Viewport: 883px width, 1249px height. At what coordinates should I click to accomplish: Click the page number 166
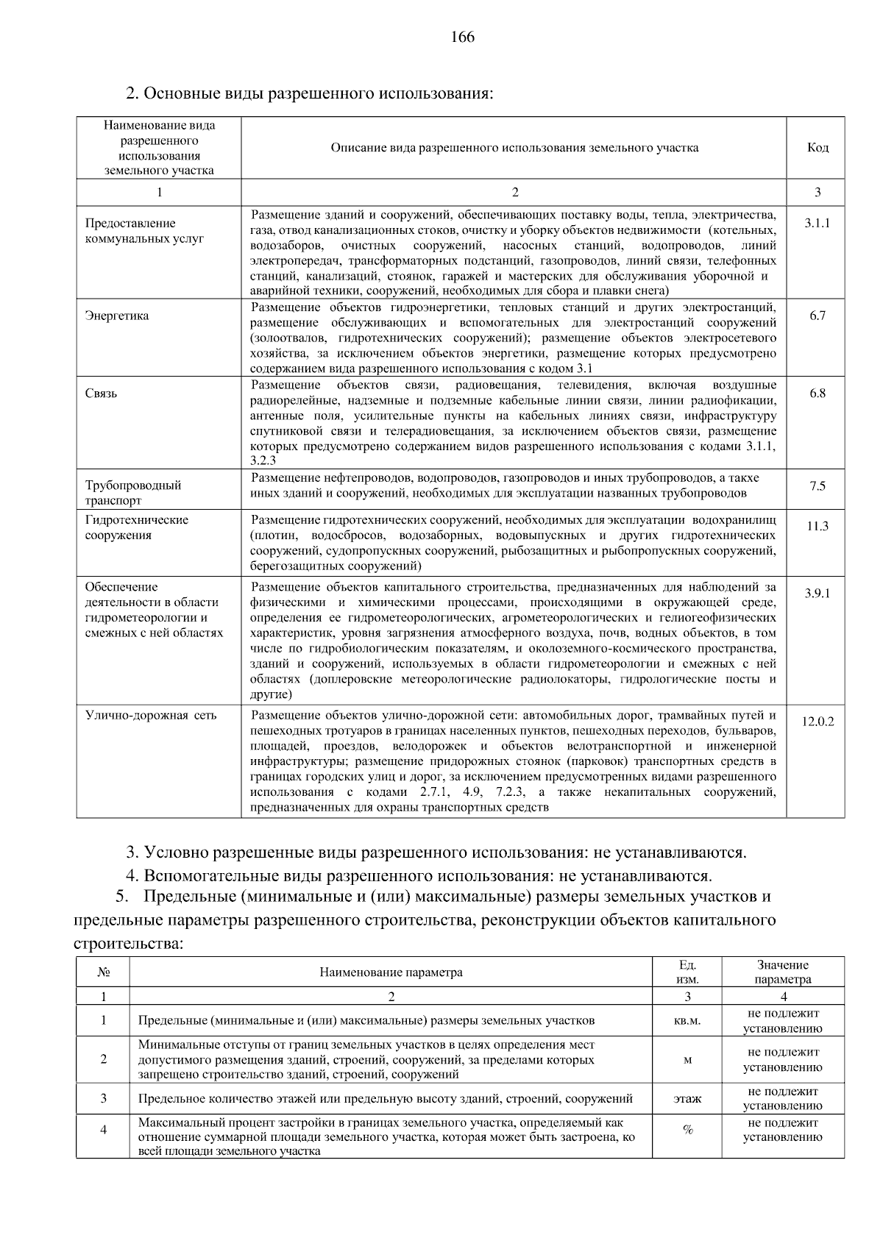click(462, 37)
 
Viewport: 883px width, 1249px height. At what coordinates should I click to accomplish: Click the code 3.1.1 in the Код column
click(817, 223)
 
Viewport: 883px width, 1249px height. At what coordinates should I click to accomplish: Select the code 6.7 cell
click(818, 316)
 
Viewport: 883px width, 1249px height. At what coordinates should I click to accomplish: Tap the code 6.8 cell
click(818, 393)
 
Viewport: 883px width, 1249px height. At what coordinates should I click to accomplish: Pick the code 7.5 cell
click(818, 485)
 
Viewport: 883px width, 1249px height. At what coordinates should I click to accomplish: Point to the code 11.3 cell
click(818, 526)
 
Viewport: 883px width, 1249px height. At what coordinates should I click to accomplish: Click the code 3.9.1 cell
click(817, 593)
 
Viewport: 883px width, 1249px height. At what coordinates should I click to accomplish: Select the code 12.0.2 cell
click(818, 722)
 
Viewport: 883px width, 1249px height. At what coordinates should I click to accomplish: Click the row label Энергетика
click(117, 316)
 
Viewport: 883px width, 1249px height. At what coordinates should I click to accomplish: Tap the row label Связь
click(102, 393)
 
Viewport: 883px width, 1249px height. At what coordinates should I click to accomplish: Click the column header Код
click(818, 147)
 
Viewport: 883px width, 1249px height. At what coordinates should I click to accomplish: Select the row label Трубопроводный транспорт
click(133, 493)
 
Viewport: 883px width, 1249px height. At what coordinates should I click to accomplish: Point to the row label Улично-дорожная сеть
click(151, 715)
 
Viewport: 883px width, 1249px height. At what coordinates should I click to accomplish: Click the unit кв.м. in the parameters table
click(687, 1020)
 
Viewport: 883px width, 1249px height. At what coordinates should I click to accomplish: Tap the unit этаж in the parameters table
click(687, 1098)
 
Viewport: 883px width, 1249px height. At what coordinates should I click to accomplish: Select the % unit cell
click(687, 1130)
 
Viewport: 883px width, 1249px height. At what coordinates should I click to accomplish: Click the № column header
click(103, 972)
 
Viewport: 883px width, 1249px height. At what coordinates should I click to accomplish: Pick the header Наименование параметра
click(391, 972)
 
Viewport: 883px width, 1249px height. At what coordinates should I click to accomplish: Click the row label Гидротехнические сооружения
click(137, 527)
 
